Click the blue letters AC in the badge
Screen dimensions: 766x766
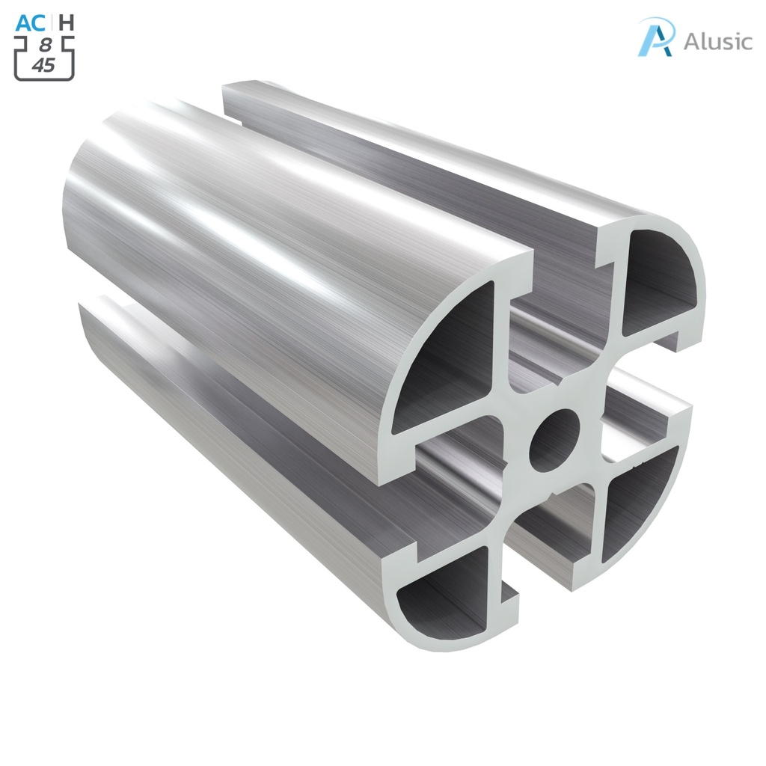29,22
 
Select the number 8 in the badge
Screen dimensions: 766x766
45,46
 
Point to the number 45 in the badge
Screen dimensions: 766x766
43,65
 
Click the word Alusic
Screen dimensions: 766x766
717,41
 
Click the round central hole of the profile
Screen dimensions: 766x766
554,440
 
